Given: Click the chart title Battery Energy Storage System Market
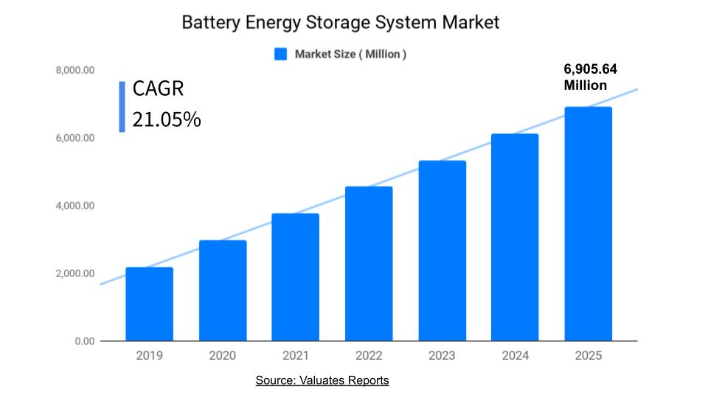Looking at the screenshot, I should coord(340,23).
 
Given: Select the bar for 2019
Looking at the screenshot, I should coord(149,304).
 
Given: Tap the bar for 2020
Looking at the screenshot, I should coord(223,290).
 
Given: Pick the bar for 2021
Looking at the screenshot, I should coord(296,277).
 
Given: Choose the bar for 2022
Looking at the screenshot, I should coord(369,264).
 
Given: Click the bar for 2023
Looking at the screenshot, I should coord(442,251).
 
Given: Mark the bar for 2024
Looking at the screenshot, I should coord(515,237).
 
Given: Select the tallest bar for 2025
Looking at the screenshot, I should coord(588,224).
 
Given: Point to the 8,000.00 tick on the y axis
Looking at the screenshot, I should coord(74,71).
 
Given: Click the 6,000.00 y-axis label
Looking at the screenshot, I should coord(74,139).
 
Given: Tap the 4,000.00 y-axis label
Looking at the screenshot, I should coord(74,206).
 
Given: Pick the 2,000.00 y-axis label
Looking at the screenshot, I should coord(74,273).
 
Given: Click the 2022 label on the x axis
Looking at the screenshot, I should coord(369,356).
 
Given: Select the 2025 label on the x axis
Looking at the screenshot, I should coord(588,356).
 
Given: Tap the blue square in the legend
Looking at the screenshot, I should coord(280,54).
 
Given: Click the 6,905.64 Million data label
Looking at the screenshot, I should coord(590,77).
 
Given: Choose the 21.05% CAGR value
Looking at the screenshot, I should coord(167,119).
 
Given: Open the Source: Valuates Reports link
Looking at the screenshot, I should coord(322,381).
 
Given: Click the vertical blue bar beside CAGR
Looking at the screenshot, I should coord(122,106).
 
